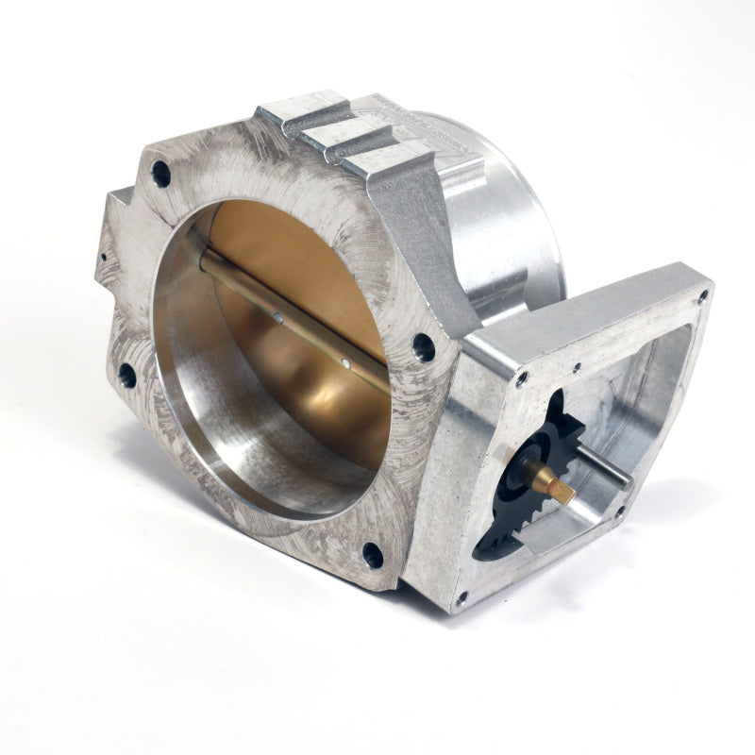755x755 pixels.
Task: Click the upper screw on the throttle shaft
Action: (x=278, y=318)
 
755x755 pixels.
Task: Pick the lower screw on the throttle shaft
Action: (x=347, y=360)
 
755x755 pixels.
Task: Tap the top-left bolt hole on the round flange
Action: (x=160, y=174)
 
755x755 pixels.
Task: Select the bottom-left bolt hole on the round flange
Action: (x=126, y=376)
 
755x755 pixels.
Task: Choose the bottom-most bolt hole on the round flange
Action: (x=373, y=555)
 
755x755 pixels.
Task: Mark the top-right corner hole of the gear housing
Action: (x=702, y=295)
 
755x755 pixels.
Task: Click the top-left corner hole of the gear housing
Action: (x=521, y=378)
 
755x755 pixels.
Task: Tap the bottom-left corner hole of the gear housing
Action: (x=461, y=598)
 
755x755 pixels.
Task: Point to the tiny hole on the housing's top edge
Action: (x=576, y=367)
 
